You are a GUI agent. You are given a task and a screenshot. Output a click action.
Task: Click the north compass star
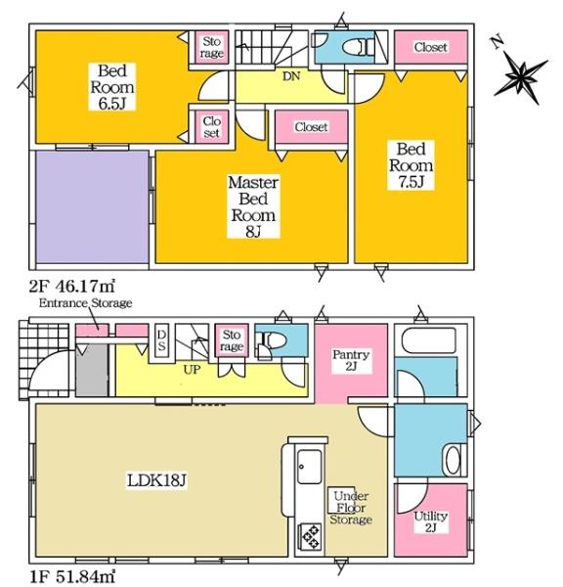click(521, 77)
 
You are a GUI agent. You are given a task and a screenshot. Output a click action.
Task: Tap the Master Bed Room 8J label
click(253, 206)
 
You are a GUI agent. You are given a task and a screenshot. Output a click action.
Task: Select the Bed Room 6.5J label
click(111, 87)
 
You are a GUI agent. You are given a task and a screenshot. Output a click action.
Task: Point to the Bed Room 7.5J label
click(411, 165)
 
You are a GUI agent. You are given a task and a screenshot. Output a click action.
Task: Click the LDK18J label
click(156, 480)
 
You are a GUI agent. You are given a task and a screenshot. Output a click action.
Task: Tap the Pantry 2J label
click(351, 360)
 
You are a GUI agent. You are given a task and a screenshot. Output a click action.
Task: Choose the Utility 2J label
click(431, 521)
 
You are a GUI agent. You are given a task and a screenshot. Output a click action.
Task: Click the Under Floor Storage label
click(351, 508)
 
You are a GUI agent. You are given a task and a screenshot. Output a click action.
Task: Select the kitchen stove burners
click(310, 536)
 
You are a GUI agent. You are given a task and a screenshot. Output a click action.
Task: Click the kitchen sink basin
click(309, 467)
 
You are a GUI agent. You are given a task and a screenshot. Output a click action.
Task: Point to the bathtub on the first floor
click(429, 340)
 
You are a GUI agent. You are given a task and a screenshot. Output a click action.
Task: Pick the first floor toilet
click(275, 340)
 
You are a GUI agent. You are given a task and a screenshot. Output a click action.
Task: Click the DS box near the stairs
click(161, 340)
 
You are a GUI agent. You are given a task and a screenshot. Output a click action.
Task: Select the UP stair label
click(192, 370)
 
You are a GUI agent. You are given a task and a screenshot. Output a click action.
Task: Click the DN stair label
click(291, 76)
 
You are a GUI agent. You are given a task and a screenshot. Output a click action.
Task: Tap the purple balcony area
click(93, 206)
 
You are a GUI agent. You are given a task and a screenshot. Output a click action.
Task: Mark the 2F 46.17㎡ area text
click(71, 287)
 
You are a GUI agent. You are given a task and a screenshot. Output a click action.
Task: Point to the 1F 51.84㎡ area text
click(71, 576)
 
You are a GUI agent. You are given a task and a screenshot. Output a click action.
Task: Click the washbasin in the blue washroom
click(455, 460)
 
